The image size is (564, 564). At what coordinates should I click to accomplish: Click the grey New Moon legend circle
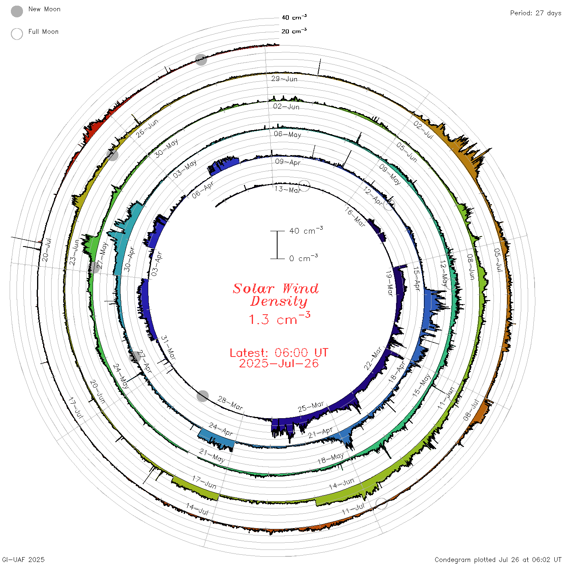(17, 11)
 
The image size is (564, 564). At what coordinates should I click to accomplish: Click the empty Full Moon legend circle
(17, 34)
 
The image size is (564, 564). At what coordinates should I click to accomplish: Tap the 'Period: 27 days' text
(536, 13)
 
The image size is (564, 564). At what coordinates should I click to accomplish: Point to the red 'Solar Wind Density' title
(276, 295)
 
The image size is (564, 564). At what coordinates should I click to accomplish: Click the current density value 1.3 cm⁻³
(279, 318)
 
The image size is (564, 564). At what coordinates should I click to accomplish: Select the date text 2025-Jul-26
(279, 363)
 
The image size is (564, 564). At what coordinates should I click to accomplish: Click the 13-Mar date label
(287, 190)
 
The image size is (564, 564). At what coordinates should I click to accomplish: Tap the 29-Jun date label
(284, 79)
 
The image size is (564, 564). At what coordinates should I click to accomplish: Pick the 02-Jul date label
(423, 130)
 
